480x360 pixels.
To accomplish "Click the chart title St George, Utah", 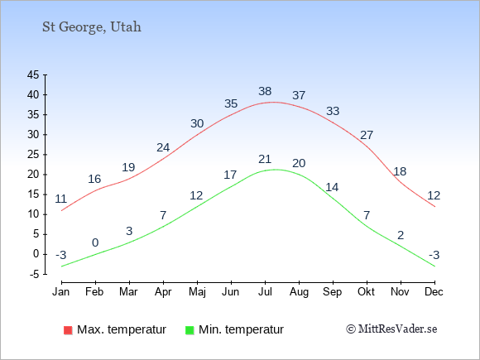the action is pyautogui.click(x=92, y=27).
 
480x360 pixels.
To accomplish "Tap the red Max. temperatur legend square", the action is pyautogui.click(x=68, y=330).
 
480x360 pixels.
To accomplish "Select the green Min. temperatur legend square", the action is pyautogui.click(x=190, y=330).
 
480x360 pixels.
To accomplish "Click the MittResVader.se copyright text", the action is pyautogui.click(x=391, y=329).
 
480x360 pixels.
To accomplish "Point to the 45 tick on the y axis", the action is pyautogui.click(x=33, y=74).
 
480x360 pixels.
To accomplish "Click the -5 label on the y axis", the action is pyautogui.click(x=34, y=274).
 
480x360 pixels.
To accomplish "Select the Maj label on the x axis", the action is pyautogui.click(x=197, y=292).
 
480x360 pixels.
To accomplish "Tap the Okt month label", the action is pyautogui.click(x=366, y=292).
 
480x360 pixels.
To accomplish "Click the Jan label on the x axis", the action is pyautogui.click(x=61, y=292).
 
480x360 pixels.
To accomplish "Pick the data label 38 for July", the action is pyautogui.click(x=265, y=91).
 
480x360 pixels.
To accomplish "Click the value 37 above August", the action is pyautogui.click(x=299, y=95).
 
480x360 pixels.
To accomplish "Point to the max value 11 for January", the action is pyautogui.click(x=61, y=199).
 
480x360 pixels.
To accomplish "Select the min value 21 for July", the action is pyautogui.click(x=265, y=159).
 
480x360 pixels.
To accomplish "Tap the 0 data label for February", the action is pyautogui.click(x=95, y=242).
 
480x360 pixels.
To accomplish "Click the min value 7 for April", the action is pyautogui.click(x=163, y=215).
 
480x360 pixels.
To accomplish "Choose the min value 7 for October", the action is pyautogui.click(x=367, y=215).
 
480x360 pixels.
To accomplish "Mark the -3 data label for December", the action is pyautogui.click(x=434, y=255).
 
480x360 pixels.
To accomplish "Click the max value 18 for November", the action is pyautogui.click(x=400, y=171).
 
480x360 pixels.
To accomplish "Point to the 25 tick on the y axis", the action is pyautogui.click(x=33, y=155).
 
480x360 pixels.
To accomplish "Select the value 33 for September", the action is pyautogui.click(x=333, y=111).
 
